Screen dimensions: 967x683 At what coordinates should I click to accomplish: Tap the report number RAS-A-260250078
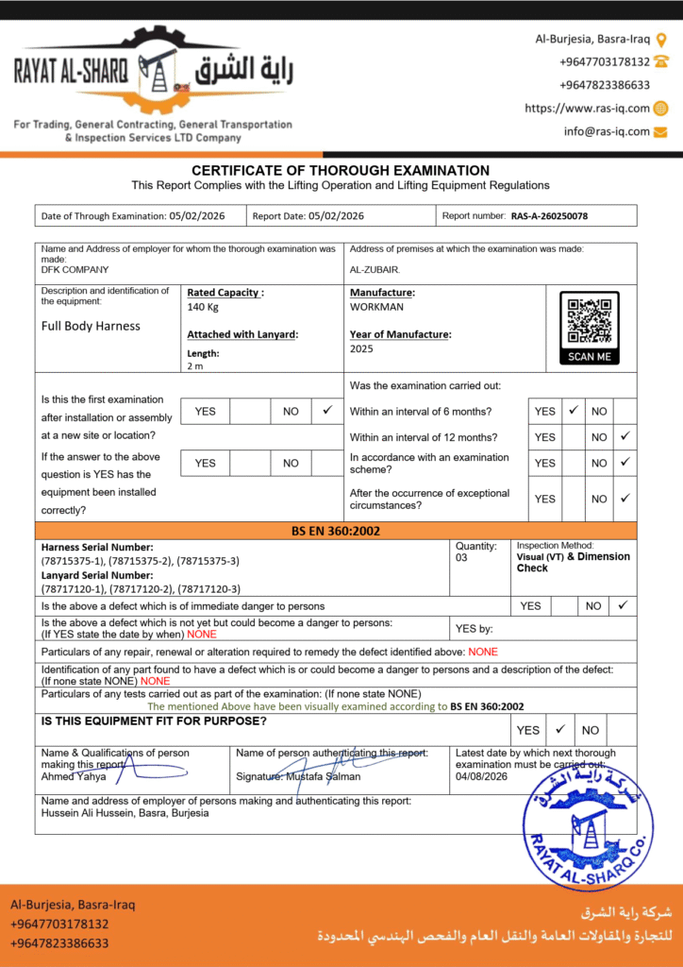pos(549,216)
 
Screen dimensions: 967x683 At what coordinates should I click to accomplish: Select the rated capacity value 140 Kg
pos(203,308)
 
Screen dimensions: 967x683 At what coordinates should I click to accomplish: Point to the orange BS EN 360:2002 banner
pos(336,531)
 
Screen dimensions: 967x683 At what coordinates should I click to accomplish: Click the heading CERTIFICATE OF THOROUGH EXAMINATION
pos(341,171)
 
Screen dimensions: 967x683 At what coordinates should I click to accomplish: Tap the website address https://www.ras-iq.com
pos(587,109)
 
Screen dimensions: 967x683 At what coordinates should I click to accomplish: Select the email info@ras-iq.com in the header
pos(607,131)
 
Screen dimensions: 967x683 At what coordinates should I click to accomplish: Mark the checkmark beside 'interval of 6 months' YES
pos(573,411)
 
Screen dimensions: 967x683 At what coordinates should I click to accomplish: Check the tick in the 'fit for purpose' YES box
pos(559,729)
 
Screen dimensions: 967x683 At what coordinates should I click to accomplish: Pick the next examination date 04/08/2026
pos(481,776)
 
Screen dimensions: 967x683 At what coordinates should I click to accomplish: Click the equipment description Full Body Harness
pos(91,326)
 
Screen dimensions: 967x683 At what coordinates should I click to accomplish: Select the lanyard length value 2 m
pos(194,365)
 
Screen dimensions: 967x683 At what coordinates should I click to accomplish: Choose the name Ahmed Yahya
pos(74,776)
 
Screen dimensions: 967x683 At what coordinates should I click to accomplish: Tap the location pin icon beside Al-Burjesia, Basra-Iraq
pos(661,40)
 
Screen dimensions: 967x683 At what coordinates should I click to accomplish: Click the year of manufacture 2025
pos(361,348)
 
